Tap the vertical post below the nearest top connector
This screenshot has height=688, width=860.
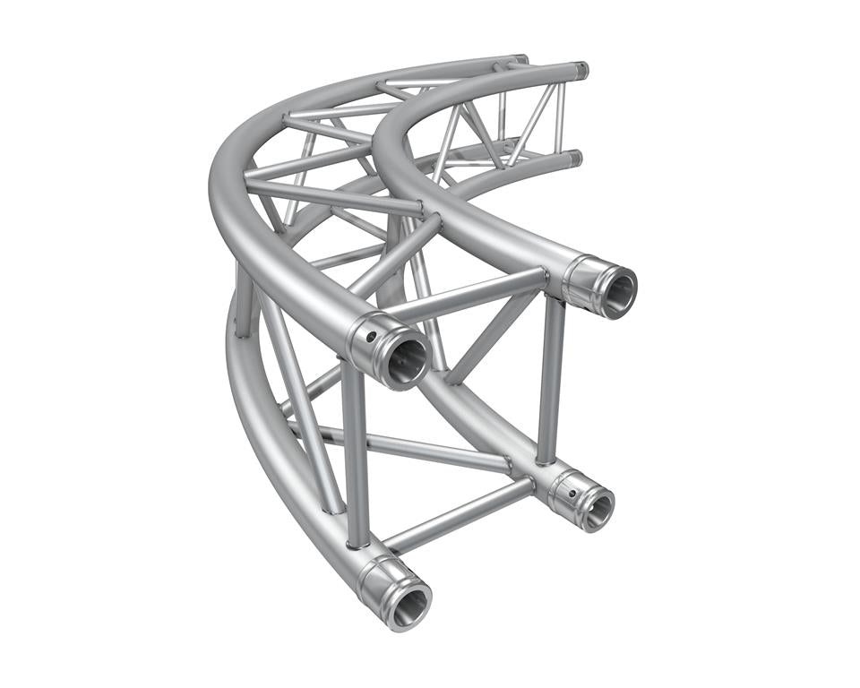355,448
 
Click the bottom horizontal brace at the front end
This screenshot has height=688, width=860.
457,516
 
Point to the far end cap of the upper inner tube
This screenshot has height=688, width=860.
581,70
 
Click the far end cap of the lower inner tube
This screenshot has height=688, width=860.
574,158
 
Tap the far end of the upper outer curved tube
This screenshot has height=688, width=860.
518,60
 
